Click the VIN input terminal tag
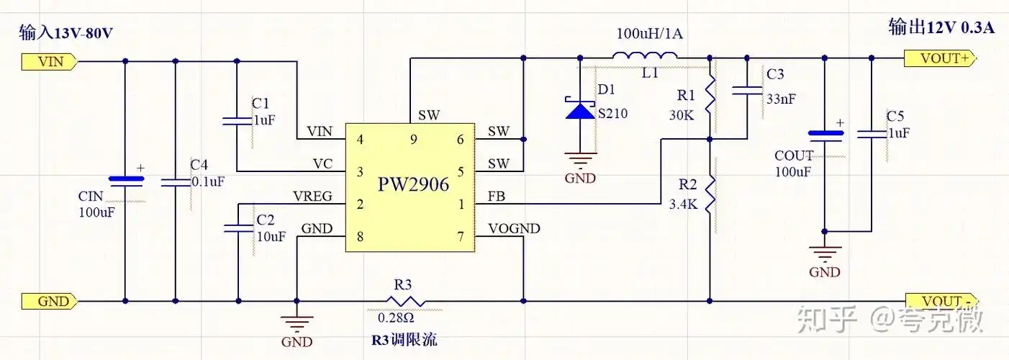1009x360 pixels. tap(47, 62)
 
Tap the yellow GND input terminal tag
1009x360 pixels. tap(47, 301)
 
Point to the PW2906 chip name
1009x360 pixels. tap(413, 184)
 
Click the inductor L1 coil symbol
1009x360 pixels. tap(645, 57)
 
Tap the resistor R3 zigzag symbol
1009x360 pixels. tap(406, 301)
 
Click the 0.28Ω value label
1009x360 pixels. tap(396, 318)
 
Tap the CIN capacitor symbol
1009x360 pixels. tap(125, 180)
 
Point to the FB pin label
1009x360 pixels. tap(496, 196)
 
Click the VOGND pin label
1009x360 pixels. tap(514, 229)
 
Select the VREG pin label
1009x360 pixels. tap(312, 196)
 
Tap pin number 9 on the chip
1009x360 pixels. tap(413, 140)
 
